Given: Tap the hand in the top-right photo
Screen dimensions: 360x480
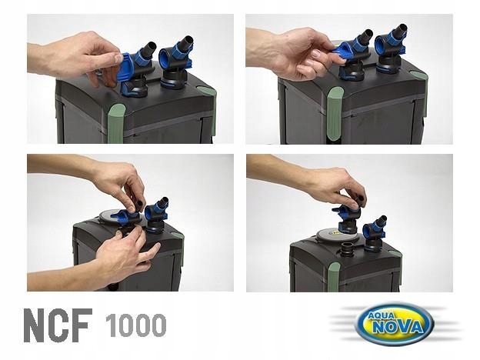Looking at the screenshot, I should pyautogui.click(x=292, y=54).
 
